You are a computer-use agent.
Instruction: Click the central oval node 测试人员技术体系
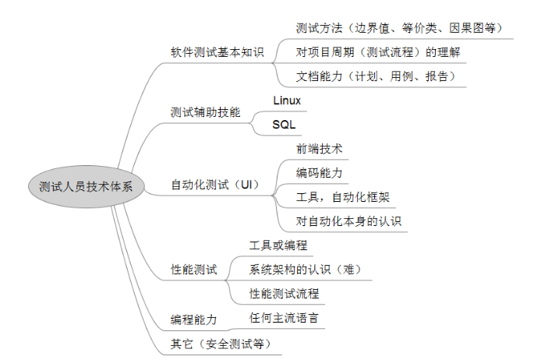tap(87, 186)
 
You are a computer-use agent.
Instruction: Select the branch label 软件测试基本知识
tap(217, 52)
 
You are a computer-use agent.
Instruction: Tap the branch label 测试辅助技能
tap(205, 112)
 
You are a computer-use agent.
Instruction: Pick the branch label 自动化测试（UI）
tap(215, 185)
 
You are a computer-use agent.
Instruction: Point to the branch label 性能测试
tap(194, 270)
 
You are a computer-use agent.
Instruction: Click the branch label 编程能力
tap(194, 319)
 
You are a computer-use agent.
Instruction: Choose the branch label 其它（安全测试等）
tap(221, 344)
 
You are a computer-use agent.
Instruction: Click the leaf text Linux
tap(287, 101)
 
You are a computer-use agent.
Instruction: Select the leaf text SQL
tap(284, 125)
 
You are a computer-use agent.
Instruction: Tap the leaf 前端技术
tap(320, 149)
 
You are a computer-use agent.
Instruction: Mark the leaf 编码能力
tap(320, 173)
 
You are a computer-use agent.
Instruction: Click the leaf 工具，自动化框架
tap(343, 197)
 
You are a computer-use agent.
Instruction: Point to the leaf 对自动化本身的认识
tap(348, 221)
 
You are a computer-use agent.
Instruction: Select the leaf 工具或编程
tap(278, 245)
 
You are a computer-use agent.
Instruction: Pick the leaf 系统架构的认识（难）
tap(305, 270)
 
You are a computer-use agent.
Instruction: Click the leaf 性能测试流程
tap(285, 293)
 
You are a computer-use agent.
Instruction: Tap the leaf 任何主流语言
tap(284, 318)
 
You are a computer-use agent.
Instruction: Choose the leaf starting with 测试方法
tap(399, 28)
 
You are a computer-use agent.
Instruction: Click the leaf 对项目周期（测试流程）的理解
tap(378, 52)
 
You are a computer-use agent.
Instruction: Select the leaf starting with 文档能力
tap(375, 76)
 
